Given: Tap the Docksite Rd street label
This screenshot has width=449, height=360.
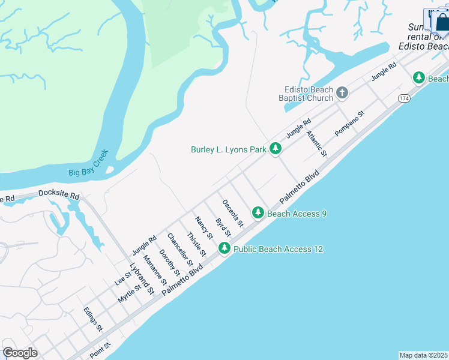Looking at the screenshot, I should pyautogui.click(x=58, y=195).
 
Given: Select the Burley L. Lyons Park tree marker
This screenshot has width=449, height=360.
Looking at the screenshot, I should pyautogui.click(x=276, y=148).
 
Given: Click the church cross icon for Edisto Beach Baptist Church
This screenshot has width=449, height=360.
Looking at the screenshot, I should pyautogui.click(x=342, y=92).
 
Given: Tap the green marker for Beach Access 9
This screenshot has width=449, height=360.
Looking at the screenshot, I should pyautogui.click(x=258, y=212).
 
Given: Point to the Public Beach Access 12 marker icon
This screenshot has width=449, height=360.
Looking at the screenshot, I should pyautogui.click(x=224, y=248).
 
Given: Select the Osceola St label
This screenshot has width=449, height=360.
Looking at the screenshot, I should pyautogui.click(x=233, y=213).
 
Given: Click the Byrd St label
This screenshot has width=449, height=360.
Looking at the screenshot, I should pyautogui.click(x=223, y=227).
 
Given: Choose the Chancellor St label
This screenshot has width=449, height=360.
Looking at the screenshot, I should pyautogui.click(x=180, y=250).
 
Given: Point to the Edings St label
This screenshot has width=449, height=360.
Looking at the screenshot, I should pyautogui.click(x=93, y=320).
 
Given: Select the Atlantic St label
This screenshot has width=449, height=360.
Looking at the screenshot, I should pyautogui.click(x=316, y=145).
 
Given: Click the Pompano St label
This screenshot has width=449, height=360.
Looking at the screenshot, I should pyautogui.click(x=350, y=123).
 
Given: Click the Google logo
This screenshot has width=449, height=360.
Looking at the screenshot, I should pyautogui.click(x=20, y=353).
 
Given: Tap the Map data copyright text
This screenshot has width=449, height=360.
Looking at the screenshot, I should pyautogui.click(x=423, y=355).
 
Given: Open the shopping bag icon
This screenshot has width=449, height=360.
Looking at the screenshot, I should pyautogui.click(x=442, y=22).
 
